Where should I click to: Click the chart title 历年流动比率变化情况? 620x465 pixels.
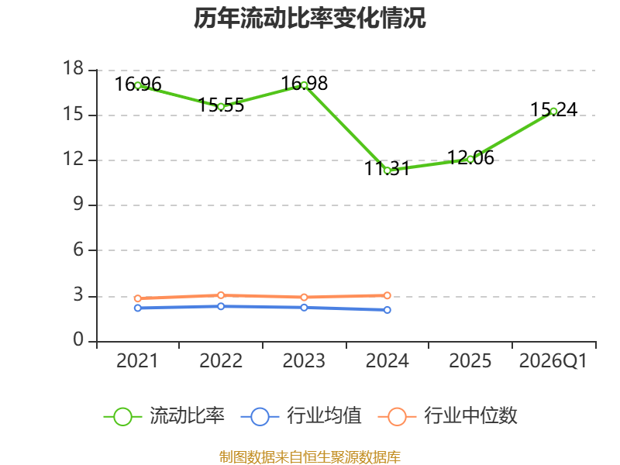point(309,18)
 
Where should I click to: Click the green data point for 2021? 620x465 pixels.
point(138,85)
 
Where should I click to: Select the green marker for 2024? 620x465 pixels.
point(387,170)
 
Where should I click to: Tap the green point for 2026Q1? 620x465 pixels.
point(553,112)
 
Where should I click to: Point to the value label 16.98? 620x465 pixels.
point(304,84)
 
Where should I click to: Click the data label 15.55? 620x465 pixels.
point(221,105)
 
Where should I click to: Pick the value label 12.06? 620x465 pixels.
point(470,158)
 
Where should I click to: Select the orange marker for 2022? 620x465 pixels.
point(221,295)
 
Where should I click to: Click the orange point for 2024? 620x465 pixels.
point(387,295)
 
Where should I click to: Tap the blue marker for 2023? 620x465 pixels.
point(304,308)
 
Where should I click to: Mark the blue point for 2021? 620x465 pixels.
point(138,308)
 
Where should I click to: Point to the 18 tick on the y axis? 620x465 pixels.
point(74,68)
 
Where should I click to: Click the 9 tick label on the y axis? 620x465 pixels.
point(78,204)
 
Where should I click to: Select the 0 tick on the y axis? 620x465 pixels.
point(78,339)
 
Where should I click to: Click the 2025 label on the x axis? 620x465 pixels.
point(470,360)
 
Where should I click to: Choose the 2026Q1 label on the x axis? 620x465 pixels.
point(553,360)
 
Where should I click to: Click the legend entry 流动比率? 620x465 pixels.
point(164,416)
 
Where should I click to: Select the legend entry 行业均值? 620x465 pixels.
point(301,416)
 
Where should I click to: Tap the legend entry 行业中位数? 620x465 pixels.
point(448,416)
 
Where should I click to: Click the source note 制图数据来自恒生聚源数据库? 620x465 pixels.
point(309,457)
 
